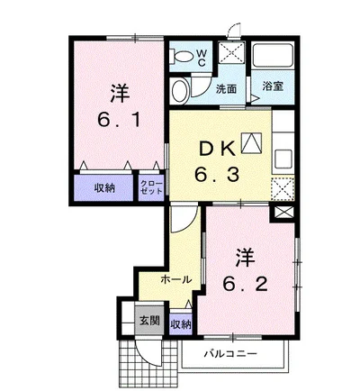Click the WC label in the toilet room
(x=202, y=58)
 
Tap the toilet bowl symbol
(x=181, y=57)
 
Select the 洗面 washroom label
(x=227, y=89)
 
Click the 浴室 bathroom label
(x=273, y=86)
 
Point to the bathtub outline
(x=273, y=56)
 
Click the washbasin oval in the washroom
(x=180, y=89)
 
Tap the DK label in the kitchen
(x=217, y=149)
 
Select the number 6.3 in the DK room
(x=217, y=175)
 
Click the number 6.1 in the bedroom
(x=119, y=120)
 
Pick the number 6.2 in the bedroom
(x=245, y=284)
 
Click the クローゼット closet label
(x=151, y=187)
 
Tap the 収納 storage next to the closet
(x=105, y=188)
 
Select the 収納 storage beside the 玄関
(x=181, y=324)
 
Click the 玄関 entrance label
(x=149, y=321)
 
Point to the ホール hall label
(x=176, y=279)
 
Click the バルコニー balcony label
(x=230, y=353)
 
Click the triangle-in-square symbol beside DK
(x=251, y=142)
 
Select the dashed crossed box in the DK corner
(x=283, y=188)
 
